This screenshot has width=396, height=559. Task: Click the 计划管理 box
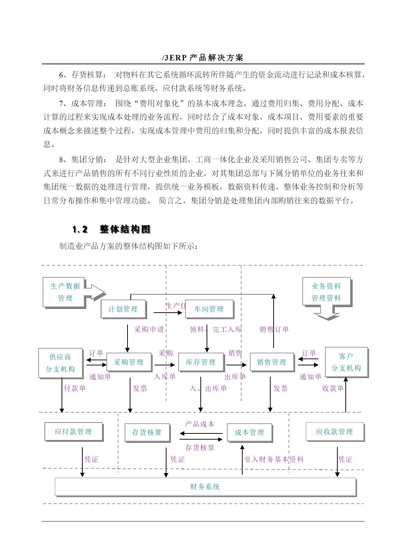(x=123, y=309)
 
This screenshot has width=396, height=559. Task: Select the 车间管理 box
(x=209, y=309)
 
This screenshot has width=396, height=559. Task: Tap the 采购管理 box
(x=129, y=362)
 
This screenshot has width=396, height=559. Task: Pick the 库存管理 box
(x=201, y=362)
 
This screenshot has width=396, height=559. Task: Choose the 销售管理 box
(x=272, y=362)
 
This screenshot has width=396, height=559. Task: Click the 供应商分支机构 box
(x=60, y=363)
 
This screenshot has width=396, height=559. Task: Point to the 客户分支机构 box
(x=346, y=362)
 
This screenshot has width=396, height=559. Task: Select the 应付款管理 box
(x=73, y=432)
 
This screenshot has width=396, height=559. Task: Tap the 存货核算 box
(x=147, y=432)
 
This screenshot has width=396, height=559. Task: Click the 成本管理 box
(x=250, y=432)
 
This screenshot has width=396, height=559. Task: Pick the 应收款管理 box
(x=334, y=432)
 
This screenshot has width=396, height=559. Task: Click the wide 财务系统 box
(x=205, y=487)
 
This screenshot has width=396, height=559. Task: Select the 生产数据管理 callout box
(x=65, y=292)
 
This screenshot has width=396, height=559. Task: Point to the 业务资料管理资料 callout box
(x=326, y=292)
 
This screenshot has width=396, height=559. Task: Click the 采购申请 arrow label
(x=149, y=329)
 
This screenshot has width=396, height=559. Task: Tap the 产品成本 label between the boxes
(x=200, y=424)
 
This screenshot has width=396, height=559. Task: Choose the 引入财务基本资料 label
(x=274, y=459)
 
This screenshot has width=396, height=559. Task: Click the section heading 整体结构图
(x=125, y=229)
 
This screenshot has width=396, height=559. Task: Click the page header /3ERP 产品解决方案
(x=203, y=58)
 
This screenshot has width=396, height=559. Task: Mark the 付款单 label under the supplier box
(x=75, y=388)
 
